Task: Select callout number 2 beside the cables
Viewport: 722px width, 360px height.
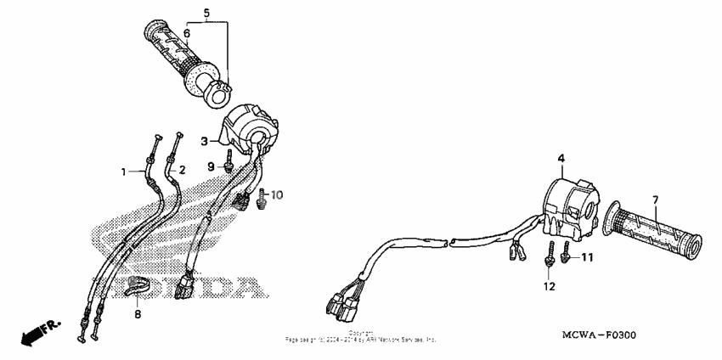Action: coord(181,169)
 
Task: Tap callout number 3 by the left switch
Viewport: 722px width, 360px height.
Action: coord(204,140)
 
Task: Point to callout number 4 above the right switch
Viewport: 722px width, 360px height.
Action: coord(561,159)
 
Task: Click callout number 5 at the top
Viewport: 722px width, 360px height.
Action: coord(206,13)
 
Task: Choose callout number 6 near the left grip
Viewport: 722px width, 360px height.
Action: coord(186,33)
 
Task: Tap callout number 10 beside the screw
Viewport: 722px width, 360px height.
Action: coord(277,195)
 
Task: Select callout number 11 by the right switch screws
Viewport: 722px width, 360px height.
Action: coord(587,256)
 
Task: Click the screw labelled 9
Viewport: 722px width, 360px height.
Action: coord(229,160)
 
